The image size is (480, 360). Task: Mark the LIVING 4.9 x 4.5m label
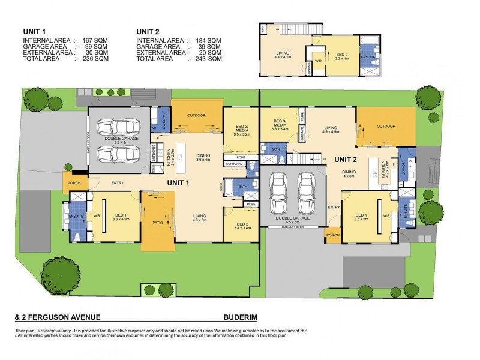tap(331, 130)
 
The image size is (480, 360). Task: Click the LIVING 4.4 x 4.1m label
tap(283, 56)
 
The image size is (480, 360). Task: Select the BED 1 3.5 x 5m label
tap(361, 217)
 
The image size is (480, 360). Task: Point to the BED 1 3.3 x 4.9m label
tap(121, 217)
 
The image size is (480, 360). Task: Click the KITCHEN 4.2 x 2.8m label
tap(386, 170)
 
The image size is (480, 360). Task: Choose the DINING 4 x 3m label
tap(349, 173)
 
